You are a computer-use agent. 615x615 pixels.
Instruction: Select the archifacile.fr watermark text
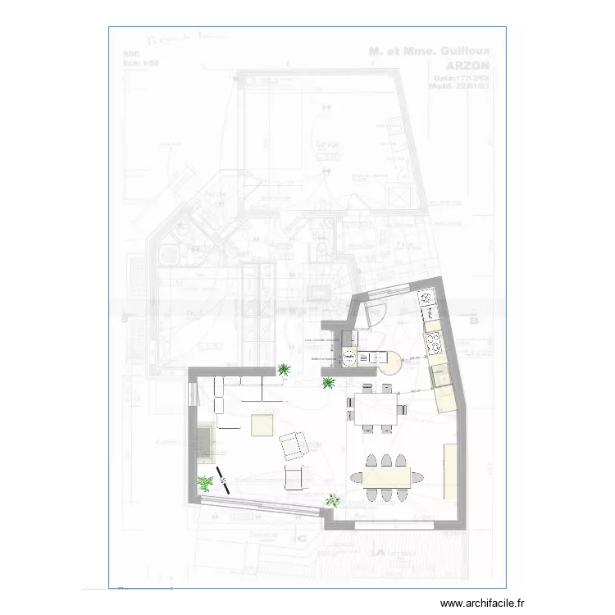click(484, 602)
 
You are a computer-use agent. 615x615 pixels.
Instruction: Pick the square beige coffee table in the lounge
click(263, 424)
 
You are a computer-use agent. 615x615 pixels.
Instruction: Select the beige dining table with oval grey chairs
click(386, 476)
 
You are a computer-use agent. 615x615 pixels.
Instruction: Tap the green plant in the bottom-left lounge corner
click(204, 484)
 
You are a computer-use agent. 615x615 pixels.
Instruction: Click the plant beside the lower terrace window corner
click(333, 499)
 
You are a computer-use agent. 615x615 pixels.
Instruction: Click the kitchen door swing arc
click(378, 312)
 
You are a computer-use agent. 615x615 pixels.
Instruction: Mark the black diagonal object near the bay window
click(223, 478)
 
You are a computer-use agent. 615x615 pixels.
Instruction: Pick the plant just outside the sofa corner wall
click(284, 370)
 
